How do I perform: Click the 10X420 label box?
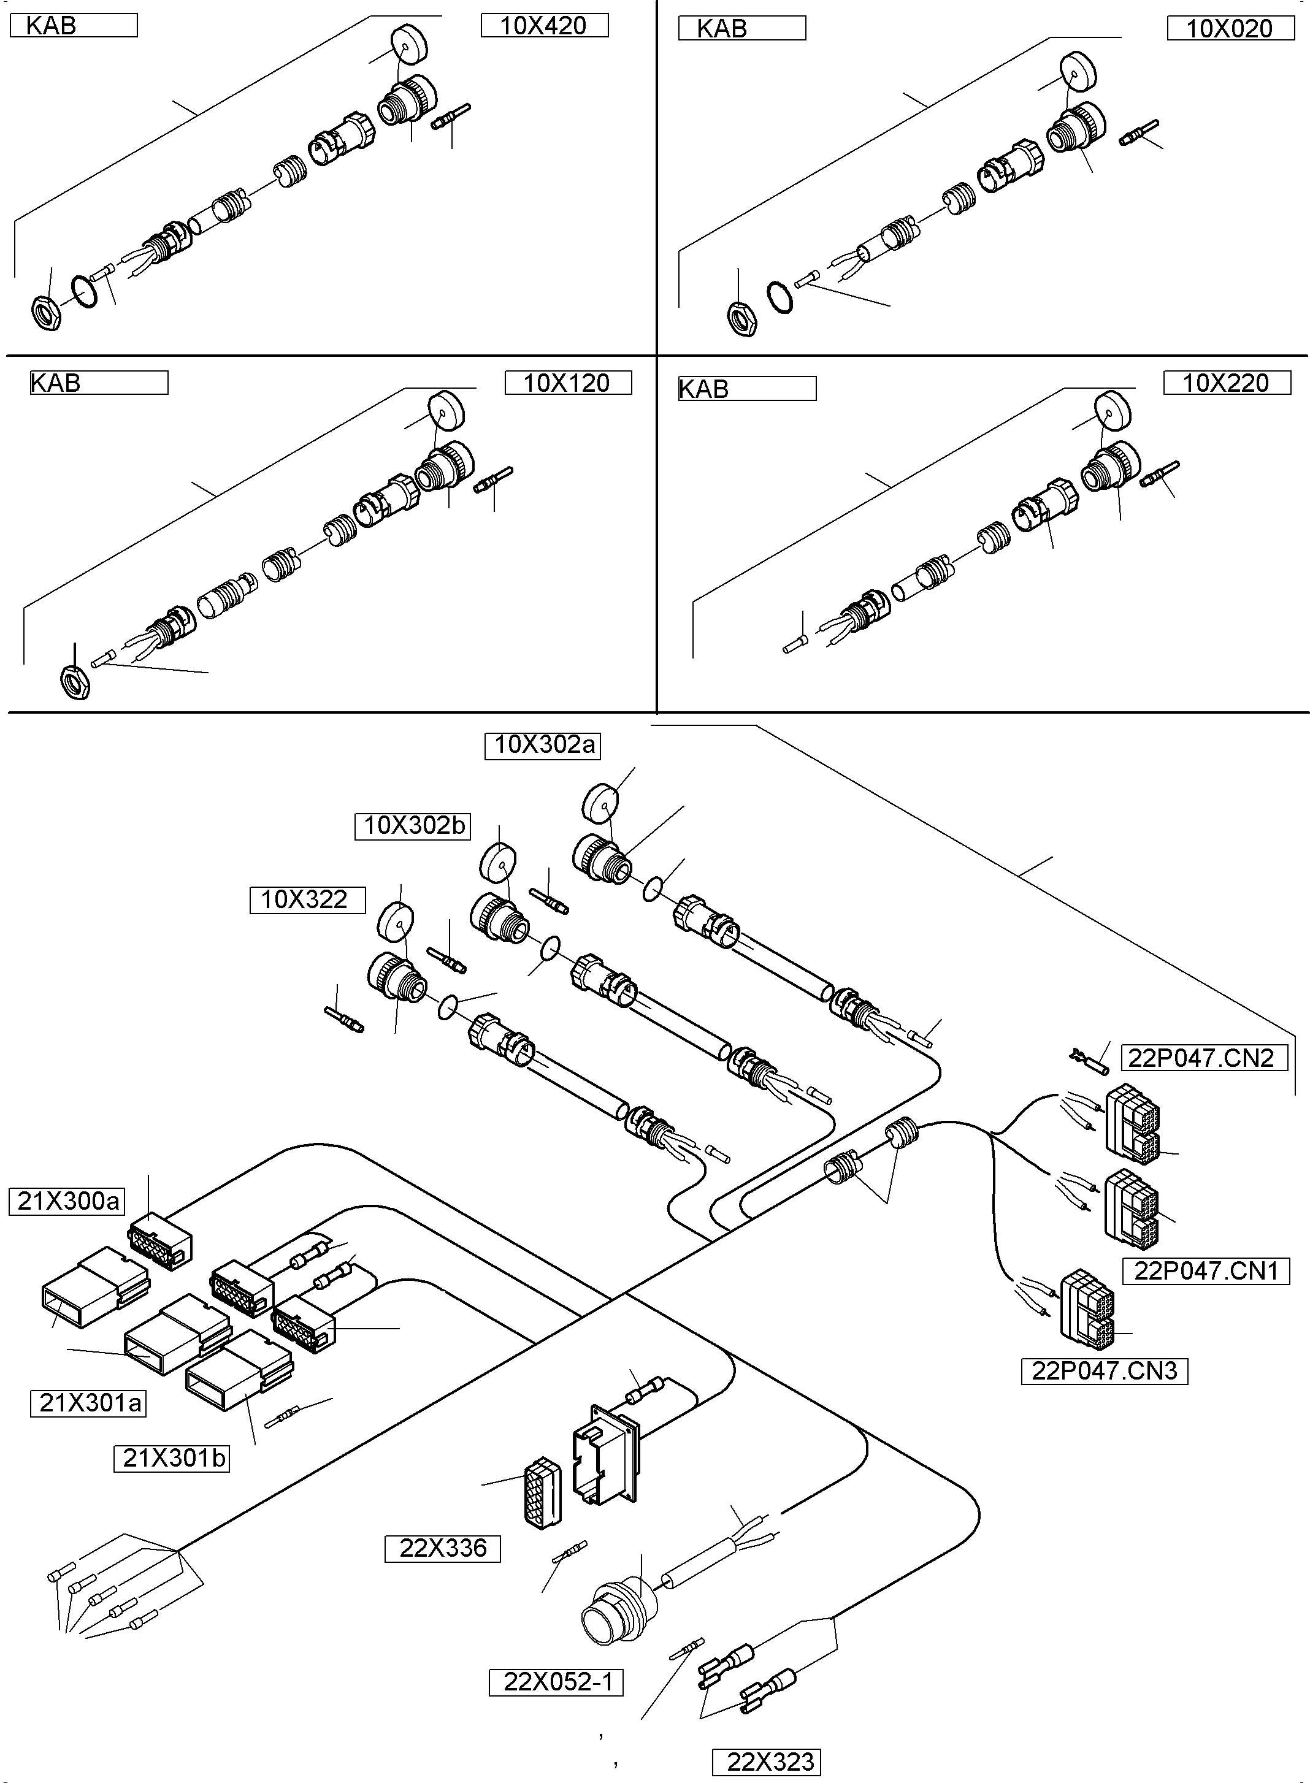[x=544, y=25]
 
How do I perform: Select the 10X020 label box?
[x=1229, y=29]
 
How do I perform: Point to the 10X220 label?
[x=1226, y=383]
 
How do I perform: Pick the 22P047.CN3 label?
[x=1104, y=1371]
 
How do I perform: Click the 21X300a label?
[x=67, y=1201]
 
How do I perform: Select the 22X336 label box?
[x=442, y=1548]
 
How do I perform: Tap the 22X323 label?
[x=766, y=1762]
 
